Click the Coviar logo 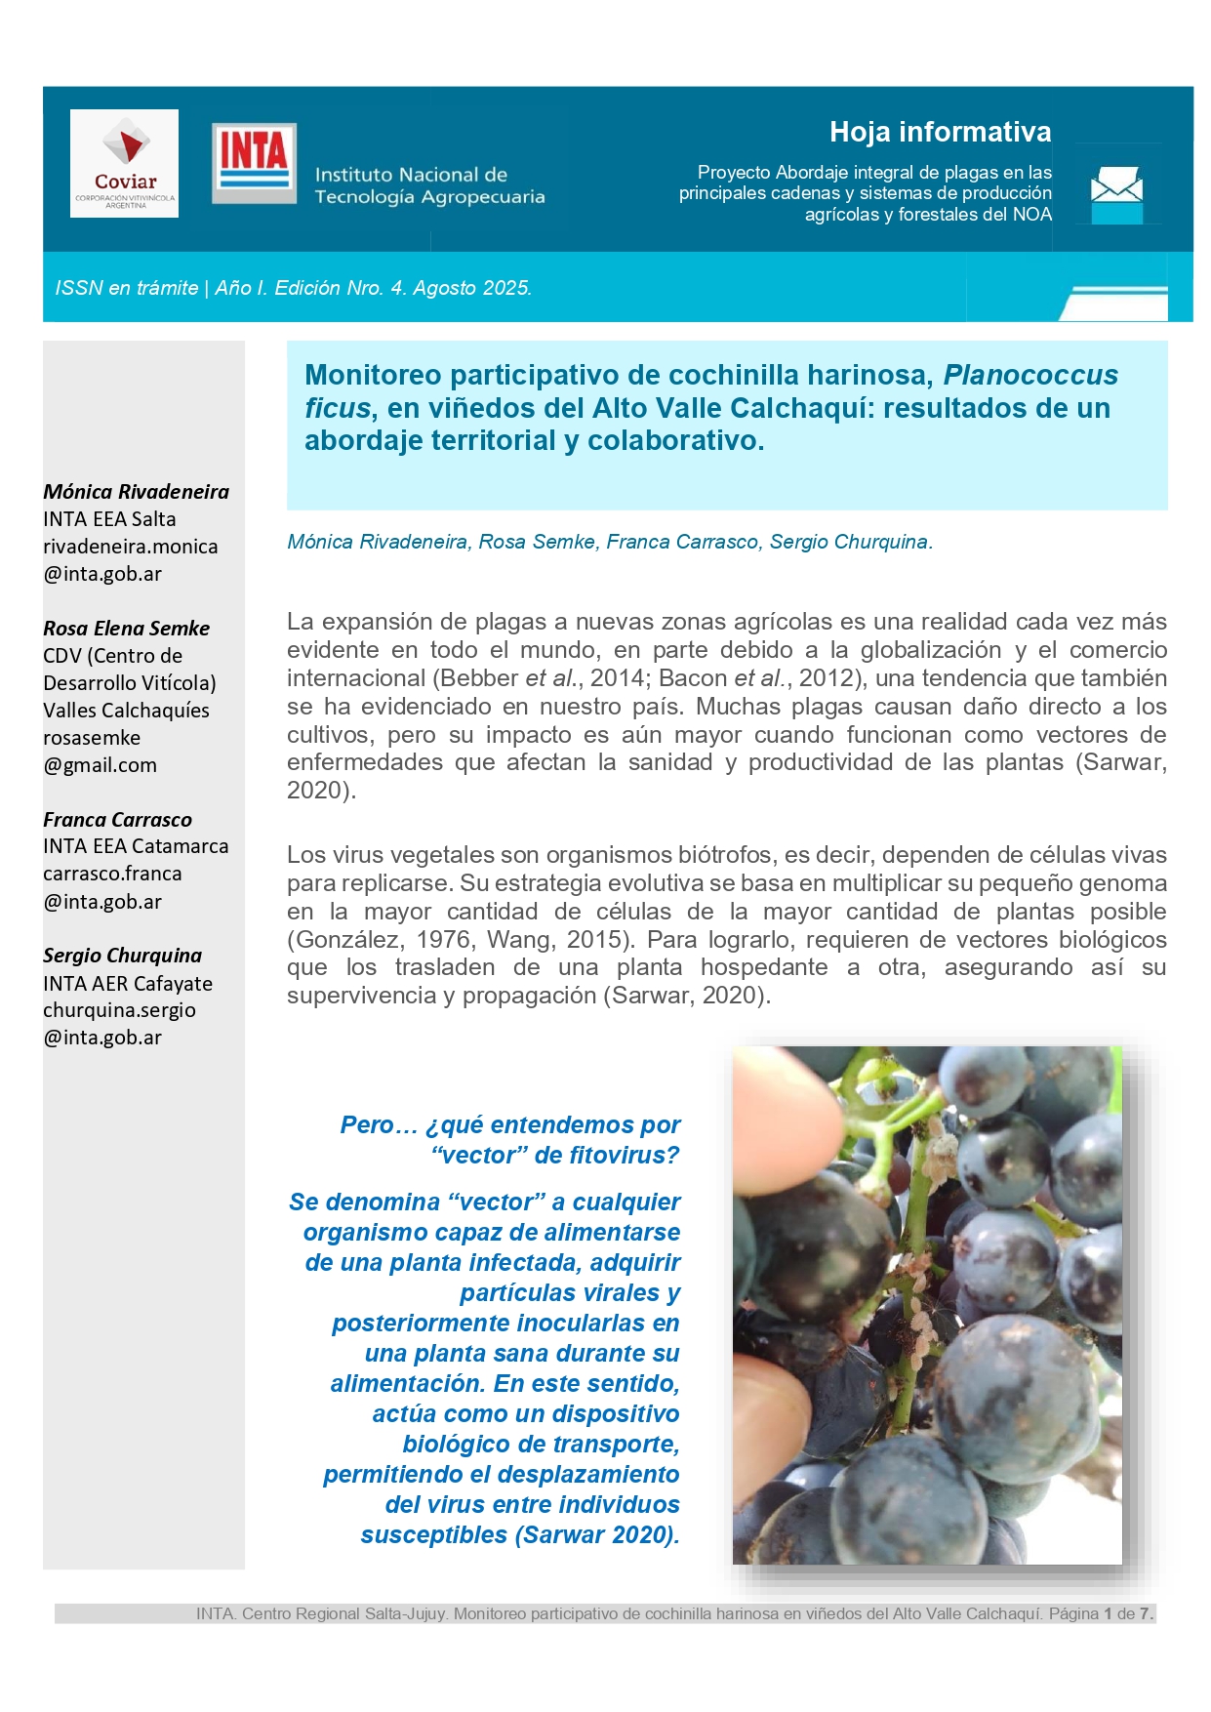click(x=124, y=163)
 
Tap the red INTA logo click(x=254, y=162)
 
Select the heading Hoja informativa click(x=940, y=132)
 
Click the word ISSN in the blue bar click(x=79, y=288)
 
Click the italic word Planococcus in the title click(x=1029, y=375)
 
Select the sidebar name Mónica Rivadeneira click(x=136, y=492)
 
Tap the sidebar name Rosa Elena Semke click(x=126, y=629)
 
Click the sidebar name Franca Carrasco click(x=117, y=820)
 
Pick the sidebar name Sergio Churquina click(x=122, y=956)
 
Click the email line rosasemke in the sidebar click(x=92, y=738)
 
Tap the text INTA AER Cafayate click(x=127, y=984)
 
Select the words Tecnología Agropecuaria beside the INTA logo click(x=429, y=197)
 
